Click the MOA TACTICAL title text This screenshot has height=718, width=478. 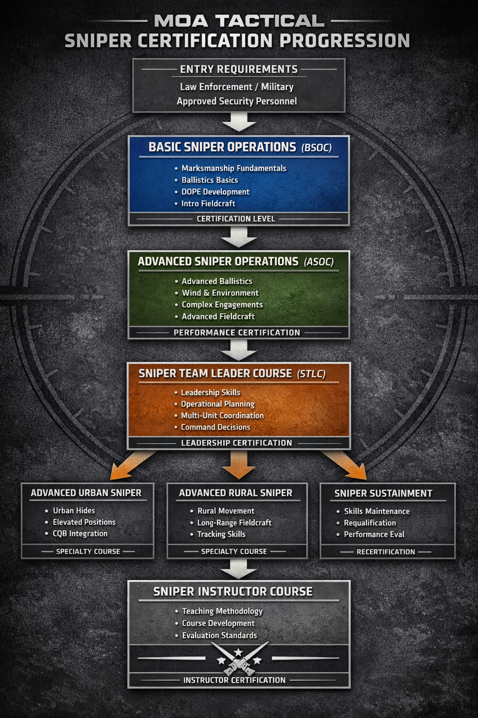pos(239,21)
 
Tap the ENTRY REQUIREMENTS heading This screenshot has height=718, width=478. pos(239,69)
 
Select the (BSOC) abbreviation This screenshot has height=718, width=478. pos(316,148)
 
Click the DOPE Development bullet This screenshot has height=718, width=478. pos(215,192)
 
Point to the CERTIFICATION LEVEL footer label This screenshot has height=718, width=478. pos(236,219)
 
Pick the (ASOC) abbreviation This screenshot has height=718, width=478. pos(319,262)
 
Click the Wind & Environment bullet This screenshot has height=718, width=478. pos(220,293)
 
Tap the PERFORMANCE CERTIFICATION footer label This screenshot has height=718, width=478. pos(237,333)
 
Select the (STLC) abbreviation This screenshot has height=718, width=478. pos(311,374)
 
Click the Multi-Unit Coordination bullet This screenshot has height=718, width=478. pos(222,416)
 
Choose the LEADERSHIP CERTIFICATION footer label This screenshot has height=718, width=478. pos(237,443)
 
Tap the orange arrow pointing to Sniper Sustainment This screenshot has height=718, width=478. pos(345,465)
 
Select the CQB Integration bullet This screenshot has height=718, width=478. pos(80,534)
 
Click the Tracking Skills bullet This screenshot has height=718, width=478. pos(221,534)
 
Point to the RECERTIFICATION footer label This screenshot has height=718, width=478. pos(386,552)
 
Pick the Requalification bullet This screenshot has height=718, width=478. pos(370,523)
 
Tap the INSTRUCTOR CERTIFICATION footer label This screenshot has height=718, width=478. pos(234,680)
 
